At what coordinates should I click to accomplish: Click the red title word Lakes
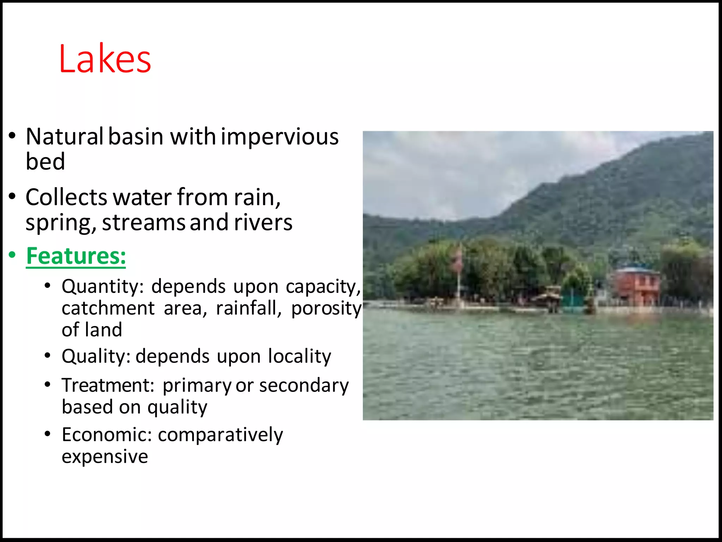coord(105,59)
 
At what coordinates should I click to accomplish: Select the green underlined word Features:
coord(76,256)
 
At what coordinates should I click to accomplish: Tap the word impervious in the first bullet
coord(280,137)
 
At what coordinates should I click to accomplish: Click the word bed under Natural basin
coord(45,162)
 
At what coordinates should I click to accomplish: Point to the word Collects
coord(66,197)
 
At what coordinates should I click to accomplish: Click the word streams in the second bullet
coord(143,223)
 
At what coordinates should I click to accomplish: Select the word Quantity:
coord(103,287)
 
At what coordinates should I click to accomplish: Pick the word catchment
coord(108,308)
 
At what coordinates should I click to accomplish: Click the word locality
coord(299,356)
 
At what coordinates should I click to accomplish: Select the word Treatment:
coord(108,385)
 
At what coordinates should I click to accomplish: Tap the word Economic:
coord(106,435)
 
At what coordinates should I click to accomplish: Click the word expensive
coord(105,457)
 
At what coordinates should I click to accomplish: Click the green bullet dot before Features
coord(12,255)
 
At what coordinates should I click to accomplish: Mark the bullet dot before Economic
coord(48,434)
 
